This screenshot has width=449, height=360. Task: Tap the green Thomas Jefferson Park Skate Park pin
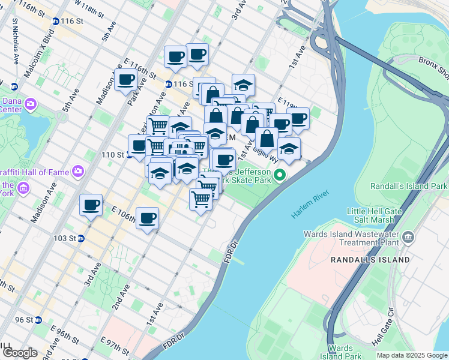279,176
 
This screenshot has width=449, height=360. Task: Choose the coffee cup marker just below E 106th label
147,219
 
